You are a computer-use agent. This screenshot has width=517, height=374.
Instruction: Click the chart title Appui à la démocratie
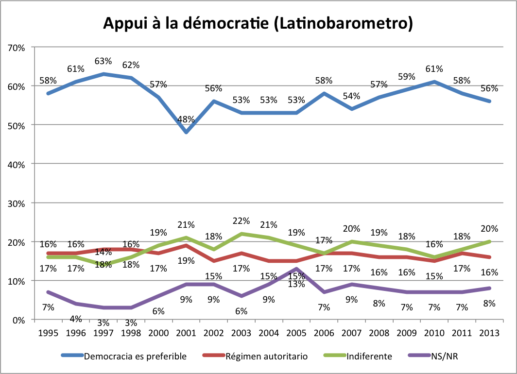tap(258, 23)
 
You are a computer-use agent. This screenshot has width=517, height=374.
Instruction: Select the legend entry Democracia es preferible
tap(136, 356)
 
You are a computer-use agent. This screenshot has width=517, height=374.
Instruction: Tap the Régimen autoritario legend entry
tap(266, 356)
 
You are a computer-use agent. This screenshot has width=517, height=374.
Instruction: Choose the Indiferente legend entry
tap(369, 356)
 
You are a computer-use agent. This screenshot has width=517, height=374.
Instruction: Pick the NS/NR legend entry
tap(445, 356)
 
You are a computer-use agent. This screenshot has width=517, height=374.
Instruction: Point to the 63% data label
tap(103, 61)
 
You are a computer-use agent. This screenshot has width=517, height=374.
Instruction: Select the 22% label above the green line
tap(241, 221)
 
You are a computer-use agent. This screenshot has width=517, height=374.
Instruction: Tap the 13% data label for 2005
tap(296, 284)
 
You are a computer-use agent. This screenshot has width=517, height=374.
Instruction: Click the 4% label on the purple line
tap(76, 319)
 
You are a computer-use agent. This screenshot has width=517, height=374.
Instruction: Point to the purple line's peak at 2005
tap(296, 269)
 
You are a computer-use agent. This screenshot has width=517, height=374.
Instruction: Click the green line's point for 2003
tap(241, 234)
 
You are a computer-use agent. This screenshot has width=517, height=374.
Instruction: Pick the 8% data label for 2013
tap(489, 304)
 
